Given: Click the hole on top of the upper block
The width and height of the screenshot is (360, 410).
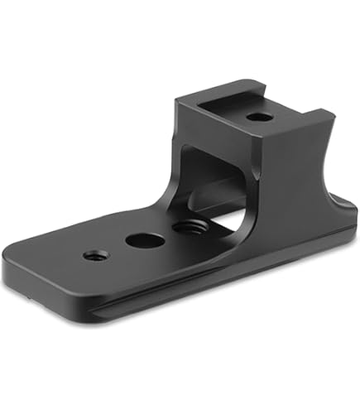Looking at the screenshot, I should tap(259, 117).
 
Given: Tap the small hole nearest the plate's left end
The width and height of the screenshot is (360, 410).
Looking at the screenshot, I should tap(90, 255).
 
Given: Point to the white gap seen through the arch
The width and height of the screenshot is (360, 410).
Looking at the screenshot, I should tap(234, 217).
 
